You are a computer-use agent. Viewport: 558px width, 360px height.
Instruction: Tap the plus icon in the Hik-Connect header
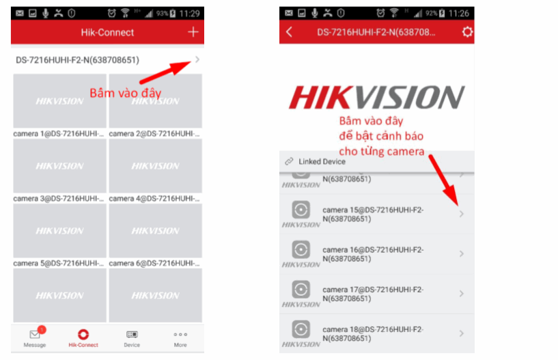[x=193, y=32]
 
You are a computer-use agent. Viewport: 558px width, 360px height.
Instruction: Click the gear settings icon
[x=467, y=32]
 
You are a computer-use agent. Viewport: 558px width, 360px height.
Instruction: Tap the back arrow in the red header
[x=289, y=32]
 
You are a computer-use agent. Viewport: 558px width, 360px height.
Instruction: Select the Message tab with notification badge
[x=35, y=337]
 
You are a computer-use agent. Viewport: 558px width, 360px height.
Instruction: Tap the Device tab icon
[x=132, y=334]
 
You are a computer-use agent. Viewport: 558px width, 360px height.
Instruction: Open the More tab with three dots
[x=180, y=337]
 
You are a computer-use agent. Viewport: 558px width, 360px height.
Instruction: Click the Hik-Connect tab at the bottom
[x=83, y=337]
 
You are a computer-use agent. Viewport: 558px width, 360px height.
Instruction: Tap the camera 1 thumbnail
[x=60, y=101]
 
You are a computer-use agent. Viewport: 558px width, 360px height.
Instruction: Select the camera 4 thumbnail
[x=156, y=166]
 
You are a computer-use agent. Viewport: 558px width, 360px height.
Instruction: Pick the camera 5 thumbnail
[x=60, y=231]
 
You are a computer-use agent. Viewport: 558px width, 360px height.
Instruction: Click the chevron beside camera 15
[x=462, y=214]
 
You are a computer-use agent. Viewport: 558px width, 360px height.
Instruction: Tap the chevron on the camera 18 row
[x=462, y=333]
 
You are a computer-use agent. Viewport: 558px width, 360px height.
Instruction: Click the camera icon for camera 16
[x=301, y=249]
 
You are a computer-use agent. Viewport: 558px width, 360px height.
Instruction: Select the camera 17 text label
[x=373, y=294]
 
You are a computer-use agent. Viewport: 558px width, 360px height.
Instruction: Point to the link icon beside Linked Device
[x=289, y=161]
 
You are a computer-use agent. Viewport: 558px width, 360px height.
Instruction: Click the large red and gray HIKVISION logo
[x=376, y=97]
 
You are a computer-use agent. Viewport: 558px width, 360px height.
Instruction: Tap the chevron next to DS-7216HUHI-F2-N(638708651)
[x=197, y=59]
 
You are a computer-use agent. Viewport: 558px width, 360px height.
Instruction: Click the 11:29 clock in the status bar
[x=189, y=14]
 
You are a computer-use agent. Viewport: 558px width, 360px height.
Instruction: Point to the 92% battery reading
[x=431, y=14]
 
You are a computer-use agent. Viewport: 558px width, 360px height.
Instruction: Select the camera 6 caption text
[x=154, y=263]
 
